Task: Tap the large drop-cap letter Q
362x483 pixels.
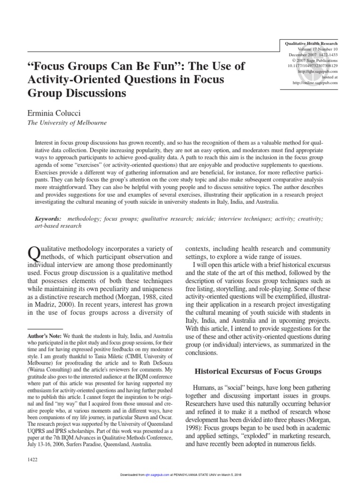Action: tap(34, 253)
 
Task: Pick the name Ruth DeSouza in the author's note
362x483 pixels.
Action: tap(146, 370)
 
